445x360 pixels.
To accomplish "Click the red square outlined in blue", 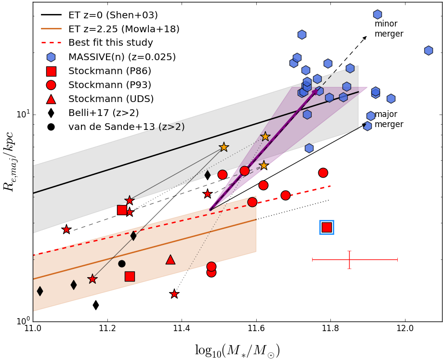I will (327, 227).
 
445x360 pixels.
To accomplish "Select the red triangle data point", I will (170, 259).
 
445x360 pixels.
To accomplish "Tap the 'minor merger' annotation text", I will (389, 29).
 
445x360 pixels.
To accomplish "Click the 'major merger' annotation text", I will (389, 119).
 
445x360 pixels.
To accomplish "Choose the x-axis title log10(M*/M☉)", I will (237, 350).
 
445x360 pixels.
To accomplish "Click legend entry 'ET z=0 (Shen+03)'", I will (113, 15).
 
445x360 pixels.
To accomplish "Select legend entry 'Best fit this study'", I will (111, 43).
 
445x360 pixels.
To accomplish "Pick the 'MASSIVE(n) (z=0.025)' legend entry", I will (122, 57).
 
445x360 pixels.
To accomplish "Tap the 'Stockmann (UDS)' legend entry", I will (111, 99).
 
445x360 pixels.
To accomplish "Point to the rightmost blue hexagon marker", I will (428, 51).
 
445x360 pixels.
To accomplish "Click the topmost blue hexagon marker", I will (378, 14).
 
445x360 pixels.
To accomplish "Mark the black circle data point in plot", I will (122, 264).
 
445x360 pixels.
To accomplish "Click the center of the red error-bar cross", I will (349, 259).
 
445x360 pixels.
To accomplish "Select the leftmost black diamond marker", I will (40, 291).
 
